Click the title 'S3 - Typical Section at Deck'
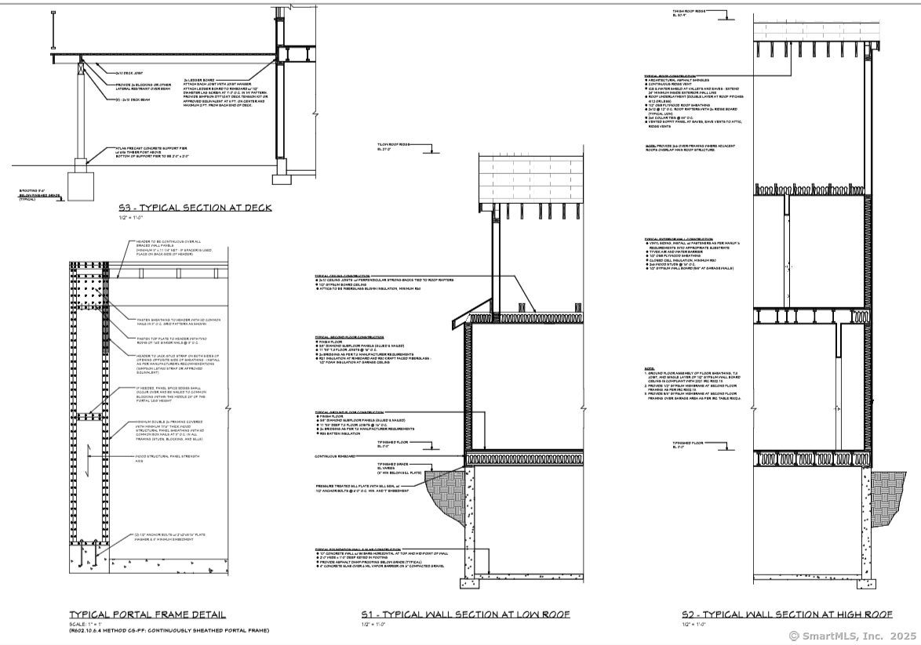[x=199, y=208]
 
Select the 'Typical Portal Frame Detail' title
[x=147, y=614]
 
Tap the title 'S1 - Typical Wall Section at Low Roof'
[x=465, y=614]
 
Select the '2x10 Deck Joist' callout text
[x=130, y=71]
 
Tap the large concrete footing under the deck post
[x=81, y=184]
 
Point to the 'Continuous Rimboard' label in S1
[x=336, y=457]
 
